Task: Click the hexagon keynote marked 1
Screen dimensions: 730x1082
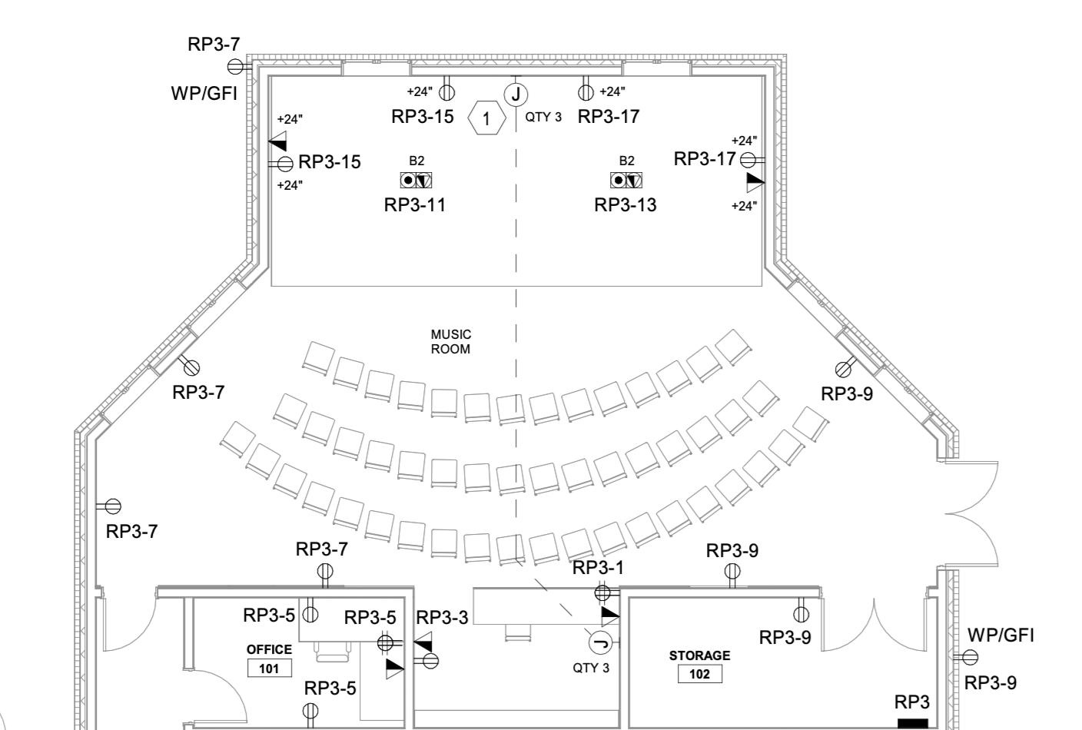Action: (x=486, y=119)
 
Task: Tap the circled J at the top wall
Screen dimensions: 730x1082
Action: (x=516, y=95)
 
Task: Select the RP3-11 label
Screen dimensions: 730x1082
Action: (x=415, y=205)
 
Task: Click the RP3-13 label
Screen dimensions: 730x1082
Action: (x=626, y=205)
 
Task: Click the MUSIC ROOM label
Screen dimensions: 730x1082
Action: (x=451, y=341)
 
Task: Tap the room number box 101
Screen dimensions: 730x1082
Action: (x=269, y=669)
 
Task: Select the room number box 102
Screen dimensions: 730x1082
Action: (x=699, y=675)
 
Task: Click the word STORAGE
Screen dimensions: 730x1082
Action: (x=699, y=655)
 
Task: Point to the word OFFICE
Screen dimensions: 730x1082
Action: (x=269, y=649)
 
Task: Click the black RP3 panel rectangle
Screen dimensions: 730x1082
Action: (x=912, y=723)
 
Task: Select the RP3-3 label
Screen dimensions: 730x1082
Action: (x=442, y=618)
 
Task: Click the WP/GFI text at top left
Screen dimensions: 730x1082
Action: (x=204, y=95)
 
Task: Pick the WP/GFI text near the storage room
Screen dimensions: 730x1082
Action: (x=1001, y=635)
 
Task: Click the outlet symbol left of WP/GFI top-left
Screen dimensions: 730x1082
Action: (x=235, y=67)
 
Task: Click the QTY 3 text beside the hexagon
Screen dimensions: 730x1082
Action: (x=543, y=118)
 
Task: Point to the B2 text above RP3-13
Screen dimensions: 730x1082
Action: (x=627, y=161)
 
